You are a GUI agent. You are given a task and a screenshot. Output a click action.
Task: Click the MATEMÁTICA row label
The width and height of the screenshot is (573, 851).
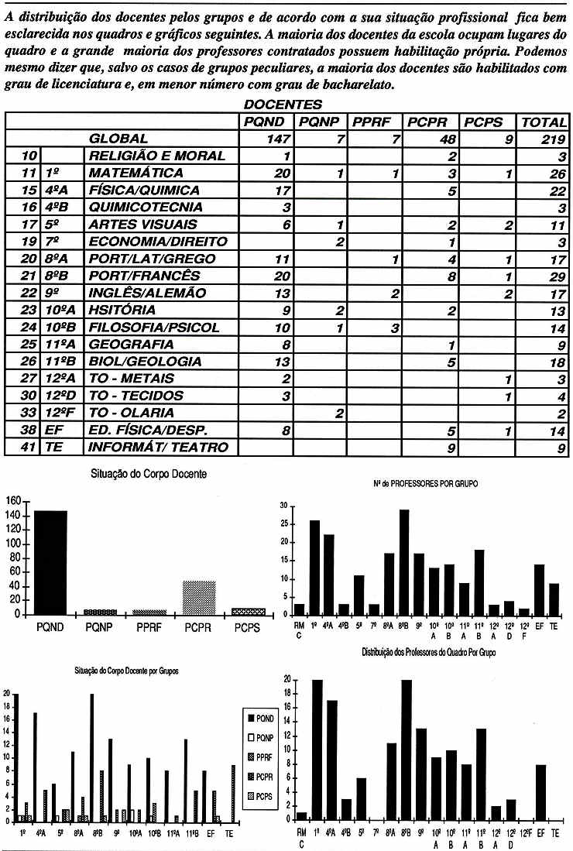[136, 173]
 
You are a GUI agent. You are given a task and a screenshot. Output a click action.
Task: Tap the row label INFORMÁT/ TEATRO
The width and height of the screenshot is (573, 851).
[158, 447]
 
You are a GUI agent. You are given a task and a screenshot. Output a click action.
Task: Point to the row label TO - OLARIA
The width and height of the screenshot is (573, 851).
[131, 413]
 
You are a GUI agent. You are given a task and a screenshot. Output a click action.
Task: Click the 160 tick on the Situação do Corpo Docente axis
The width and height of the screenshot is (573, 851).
[13, 501]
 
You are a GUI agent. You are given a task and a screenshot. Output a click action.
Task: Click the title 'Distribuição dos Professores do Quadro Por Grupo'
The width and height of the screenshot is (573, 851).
[428, 654]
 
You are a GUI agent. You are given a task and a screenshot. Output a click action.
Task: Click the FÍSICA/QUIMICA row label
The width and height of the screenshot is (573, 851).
[144, 190]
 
